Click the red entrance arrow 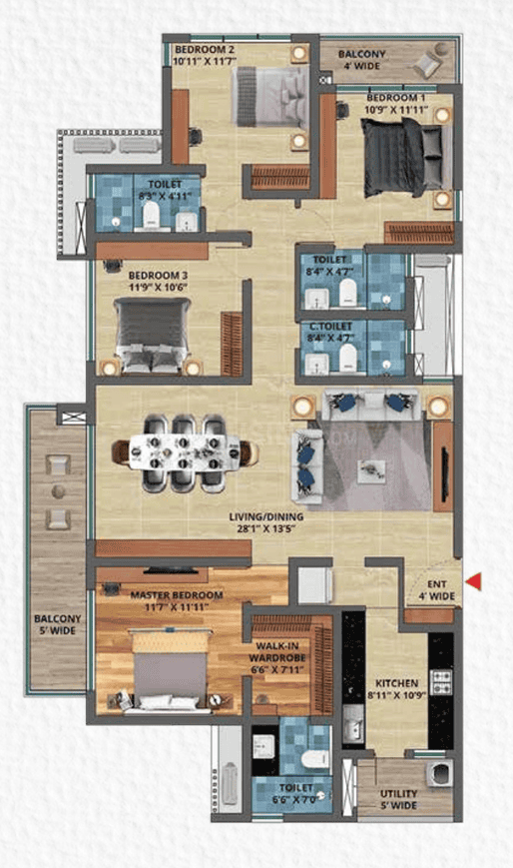click(476, 580)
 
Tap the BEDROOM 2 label click(205, 50)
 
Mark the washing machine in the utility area click(438, 775)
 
